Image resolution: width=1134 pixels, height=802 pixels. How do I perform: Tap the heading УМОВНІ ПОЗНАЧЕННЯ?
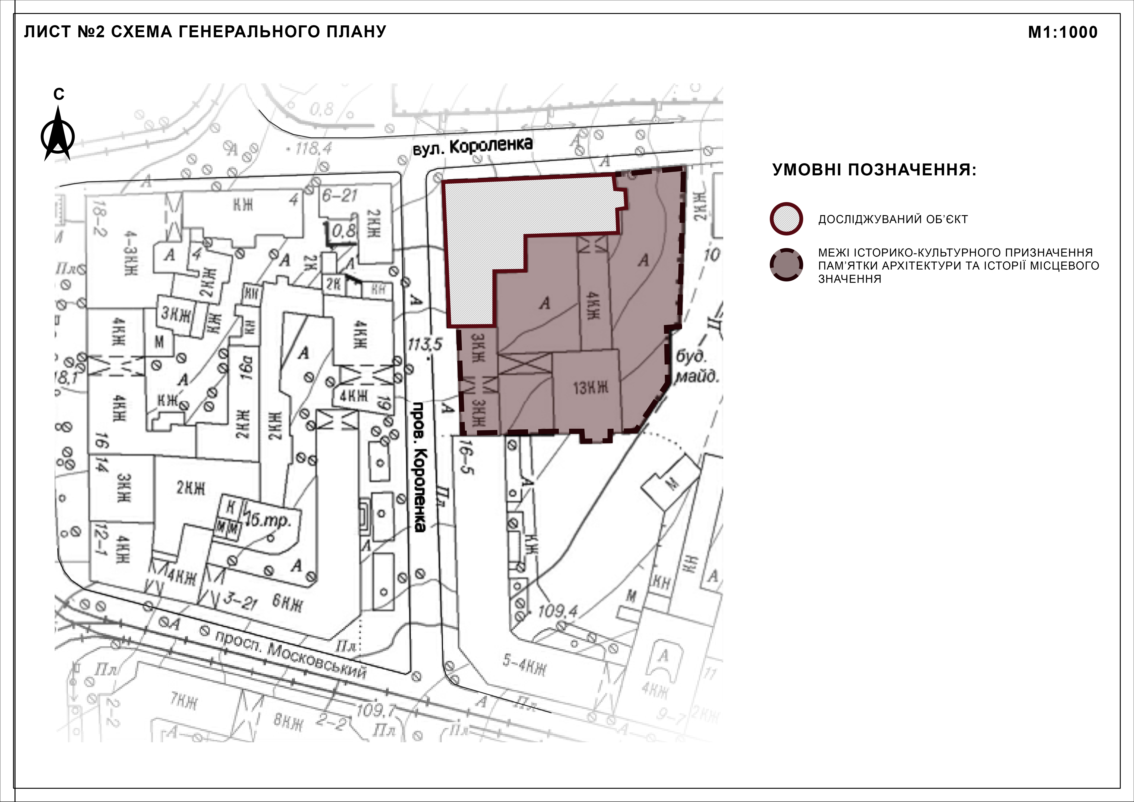[874, 170]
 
